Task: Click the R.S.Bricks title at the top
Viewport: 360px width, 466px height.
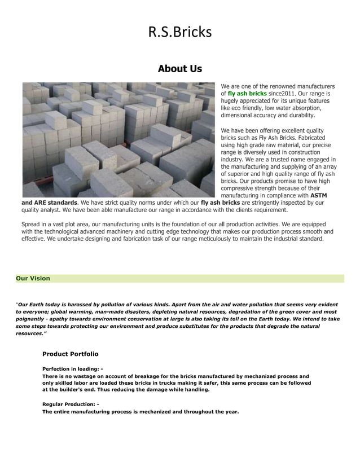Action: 179,32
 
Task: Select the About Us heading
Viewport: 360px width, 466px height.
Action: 179,69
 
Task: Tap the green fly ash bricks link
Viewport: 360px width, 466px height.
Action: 247,93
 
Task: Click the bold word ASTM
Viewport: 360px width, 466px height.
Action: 319,195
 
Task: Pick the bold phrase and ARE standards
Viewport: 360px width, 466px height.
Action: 49,203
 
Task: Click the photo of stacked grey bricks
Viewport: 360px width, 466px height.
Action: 118,139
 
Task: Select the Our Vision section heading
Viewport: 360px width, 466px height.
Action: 33,278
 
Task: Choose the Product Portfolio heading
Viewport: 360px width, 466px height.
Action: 70,354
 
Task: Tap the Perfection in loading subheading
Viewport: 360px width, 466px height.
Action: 73,368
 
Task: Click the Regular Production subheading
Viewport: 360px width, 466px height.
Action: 71,404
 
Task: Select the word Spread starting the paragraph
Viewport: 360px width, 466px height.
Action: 31,224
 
